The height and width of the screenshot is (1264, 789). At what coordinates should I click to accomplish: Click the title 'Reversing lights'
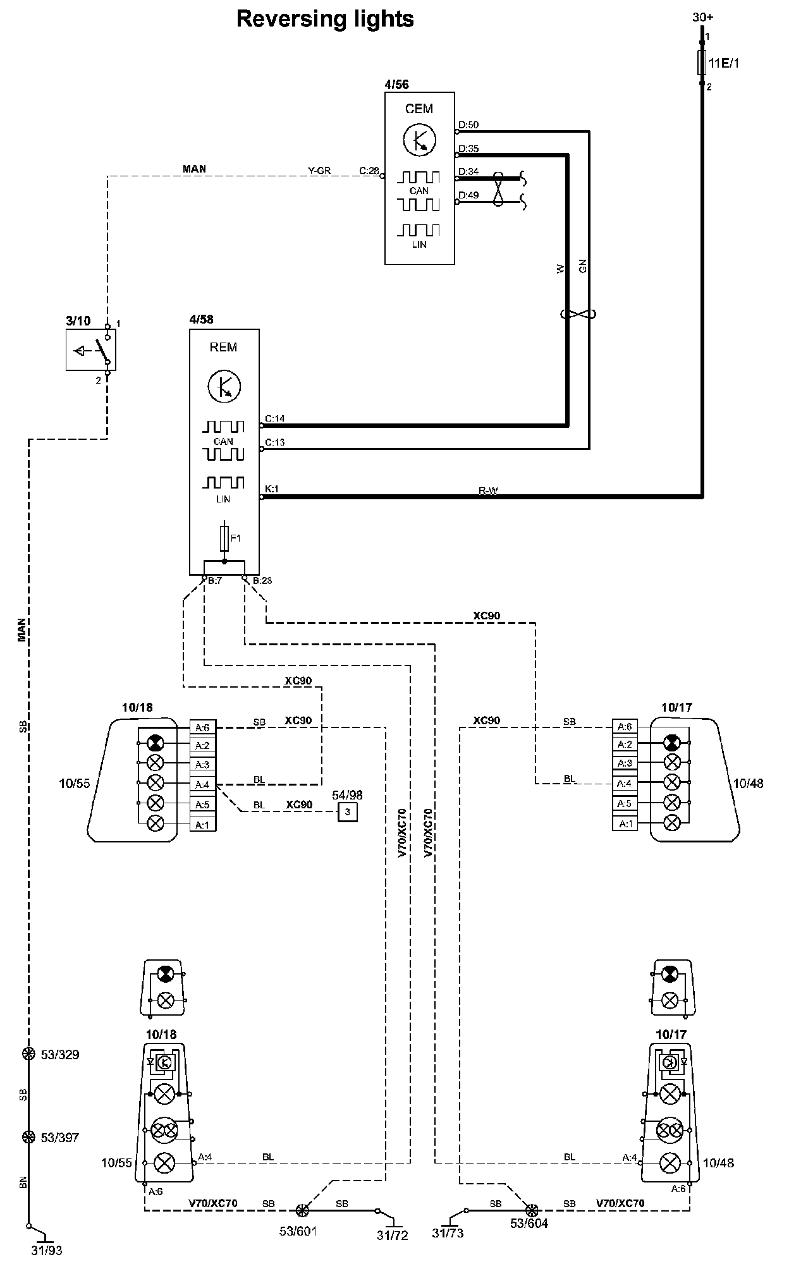325,19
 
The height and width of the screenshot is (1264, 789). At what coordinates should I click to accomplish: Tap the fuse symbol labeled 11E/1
702,63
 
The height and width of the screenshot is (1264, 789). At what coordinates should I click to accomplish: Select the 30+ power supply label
702,17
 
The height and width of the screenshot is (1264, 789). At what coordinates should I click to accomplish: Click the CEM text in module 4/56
419,109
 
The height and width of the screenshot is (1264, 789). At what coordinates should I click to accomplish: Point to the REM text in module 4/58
223,347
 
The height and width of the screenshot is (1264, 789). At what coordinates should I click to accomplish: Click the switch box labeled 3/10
90,349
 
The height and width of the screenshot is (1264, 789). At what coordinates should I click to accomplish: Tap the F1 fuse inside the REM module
224,538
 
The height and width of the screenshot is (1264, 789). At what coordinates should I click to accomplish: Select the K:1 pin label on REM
272,489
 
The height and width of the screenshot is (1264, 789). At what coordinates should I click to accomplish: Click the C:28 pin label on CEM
369,171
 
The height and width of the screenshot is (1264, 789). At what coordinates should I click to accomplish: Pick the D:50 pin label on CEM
468,125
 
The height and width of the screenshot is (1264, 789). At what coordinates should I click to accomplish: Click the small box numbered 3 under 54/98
347,811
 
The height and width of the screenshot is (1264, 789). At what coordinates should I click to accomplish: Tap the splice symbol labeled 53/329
28,1054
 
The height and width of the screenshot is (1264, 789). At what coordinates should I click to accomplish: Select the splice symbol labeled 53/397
28,1138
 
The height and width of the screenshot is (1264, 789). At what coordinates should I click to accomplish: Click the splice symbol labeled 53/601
302,1210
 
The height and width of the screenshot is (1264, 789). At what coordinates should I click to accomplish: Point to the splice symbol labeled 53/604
532,1210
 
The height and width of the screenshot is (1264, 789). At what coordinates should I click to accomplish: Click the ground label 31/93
47,1250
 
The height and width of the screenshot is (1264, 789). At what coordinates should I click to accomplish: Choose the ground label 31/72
393,1234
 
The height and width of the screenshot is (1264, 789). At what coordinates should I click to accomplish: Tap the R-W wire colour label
488,491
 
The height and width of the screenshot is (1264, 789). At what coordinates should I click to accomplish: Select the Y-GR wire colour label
319,171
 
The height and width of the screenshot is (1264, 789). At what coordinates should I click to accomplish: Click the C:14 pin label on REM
275,418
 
